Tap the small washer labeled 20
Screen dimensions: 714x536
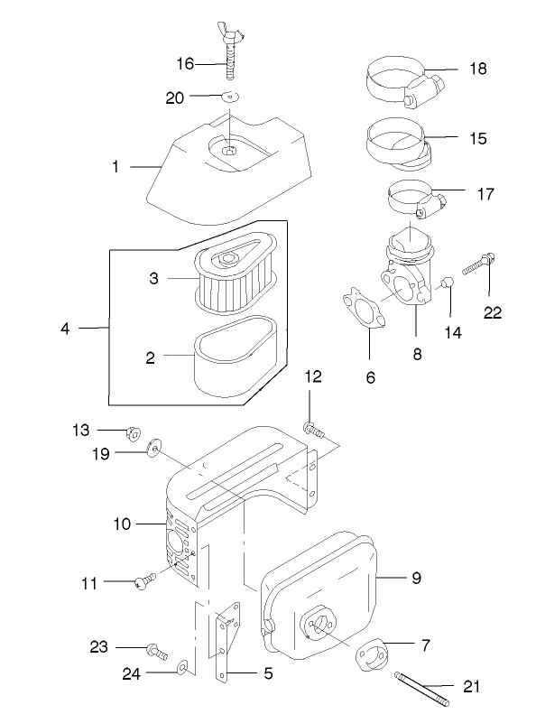click(x=230, y=97)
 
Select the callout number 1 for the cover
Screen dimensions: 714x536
click(x=116, y=167)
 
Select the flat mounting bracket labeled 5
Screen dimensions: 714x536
click(x=226, y=641)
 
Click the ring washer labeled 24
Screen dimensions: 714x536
click(x=183, y=667)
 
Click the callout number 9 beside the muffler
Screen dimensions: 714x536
click(x=416, y=576)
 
